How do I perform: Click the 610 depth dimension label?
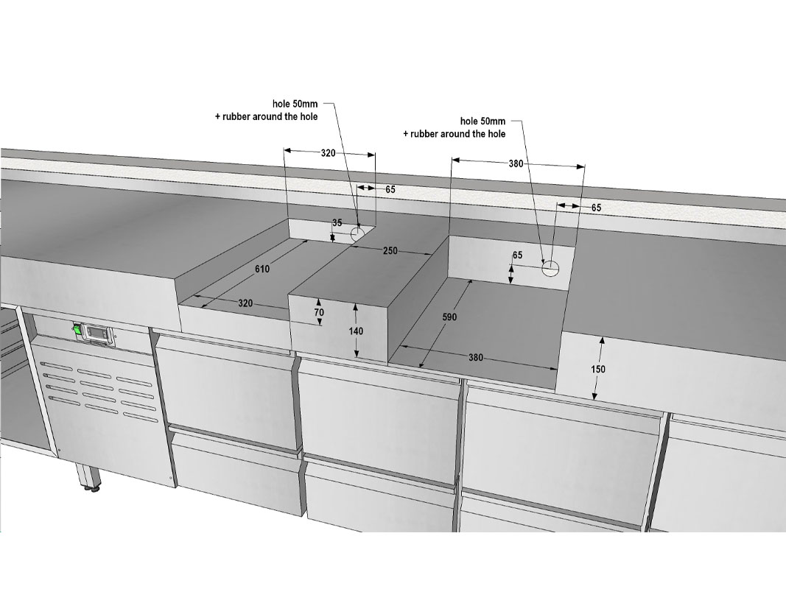click(262, 269)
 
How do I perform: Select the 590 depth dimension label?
click(449, 317)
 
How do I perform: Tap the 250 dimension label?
click(390, 250)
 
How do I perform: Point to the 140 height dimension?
click(356, 331)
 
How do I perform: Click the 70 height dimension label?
click(319, 312)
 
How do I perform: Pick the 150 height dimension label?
click(598, 369)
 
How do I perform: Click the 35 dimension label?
click(337, 222)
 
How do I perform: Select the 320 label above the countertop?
click(329, 152)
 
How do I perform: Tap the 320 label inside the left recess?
click(245, 303)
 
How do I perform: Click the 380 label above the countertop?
click(516, 163)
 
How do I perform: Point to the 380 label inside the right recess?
click(476, 357)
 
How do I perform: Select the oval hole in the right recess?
click(550, 269)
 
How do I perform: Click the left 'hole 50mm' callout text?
click(295, 104)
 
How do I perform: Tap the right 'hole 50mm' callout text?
click(483, 121)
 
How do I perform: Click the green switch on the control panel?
click(77, 329)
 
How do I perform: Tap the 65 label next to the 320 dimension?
click(390, 189)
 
